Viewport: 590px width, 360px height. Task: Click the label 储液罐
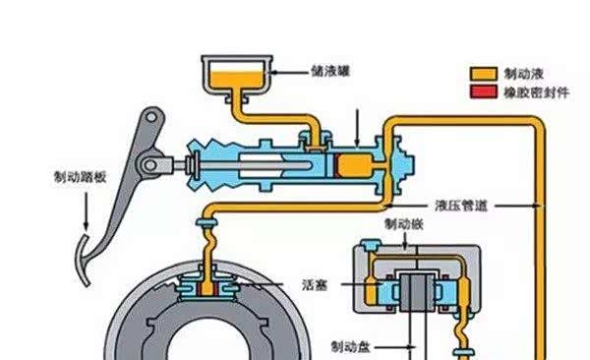coord(330,71)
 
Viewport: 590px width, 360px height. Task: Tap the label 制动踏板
coord(81,177)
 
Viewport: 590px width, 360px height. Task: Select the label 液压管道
coord(461,206)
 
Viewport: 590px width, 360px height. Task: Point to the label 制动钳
coord(404,224)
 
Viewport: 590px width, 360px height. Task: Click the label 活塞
coord(316,284)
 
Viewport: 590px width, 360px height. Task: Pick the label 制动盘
coord(350,347)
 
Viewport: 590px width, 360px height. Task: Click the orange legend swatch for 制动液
coord(484,74)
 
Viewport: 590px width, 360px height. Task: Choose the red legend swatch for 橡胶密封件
coord(484,91)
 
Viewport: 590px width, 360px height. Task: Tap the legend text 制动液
coord(524,74)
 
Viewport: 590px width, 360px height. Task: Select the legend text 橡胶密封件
coord(537,92)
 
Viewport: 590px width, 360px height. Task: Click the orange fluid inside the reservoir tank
coord(236,80)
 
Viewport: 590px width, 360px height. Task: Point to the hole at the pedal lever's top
coord(151,117)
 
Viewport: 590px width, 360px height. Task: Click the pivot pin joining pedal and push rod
coord(150,165)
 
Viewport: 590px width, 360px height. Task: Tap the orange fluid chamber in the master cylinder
coord(355,165)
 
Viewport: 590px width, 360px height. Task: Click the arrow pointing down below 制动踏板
coord(87,210)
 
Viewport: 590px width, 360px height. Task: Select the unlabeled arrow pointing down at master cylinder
coord(357,128)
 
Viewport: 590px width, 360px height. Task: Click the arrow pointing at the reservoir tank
coord(290,72)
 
